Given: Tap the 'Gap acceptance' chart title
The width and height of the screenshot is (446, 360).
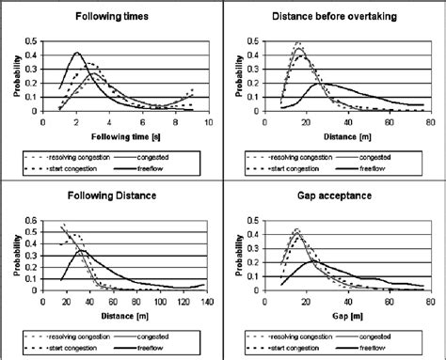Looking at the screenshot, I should tap(334, 197).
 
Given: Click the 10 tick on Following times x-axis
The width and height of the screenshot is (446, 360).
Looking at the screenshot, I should tap(208, 123).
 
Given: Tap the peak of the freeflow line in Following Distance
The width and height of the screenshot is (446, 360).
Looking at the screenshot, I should tap(83, 251).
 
